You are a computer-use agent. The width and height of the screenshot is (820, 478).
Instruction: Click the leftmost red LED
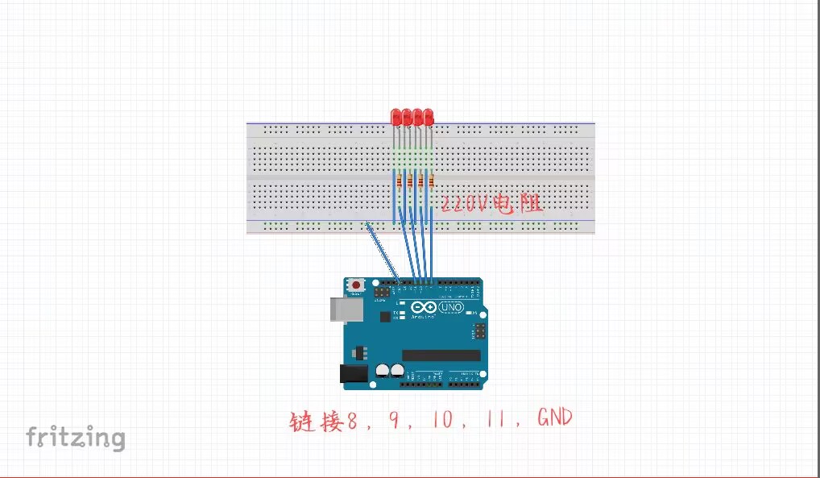click(396, 117)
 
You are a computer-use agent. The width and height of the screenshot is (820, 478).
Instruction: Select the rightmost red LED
click(429, 117)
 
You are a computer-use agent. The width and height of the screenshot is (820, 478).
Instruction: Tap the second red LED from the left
click(407, 117)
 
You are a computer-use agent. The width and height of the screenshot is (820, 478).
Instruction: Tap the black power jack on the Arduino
click(351, 373)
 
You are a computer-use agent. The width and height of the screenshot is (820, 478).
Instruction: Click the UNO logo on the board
click(450, 308)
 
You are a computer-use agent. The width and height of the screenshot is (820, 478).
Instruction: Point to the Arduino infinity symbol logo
click(423, 307)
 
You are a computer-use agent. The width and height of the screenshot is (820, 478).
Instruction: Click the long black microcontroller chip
click(441, 355)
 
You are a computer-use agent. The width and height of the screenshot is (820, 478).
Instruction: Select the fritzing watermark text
click(75, 438)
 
